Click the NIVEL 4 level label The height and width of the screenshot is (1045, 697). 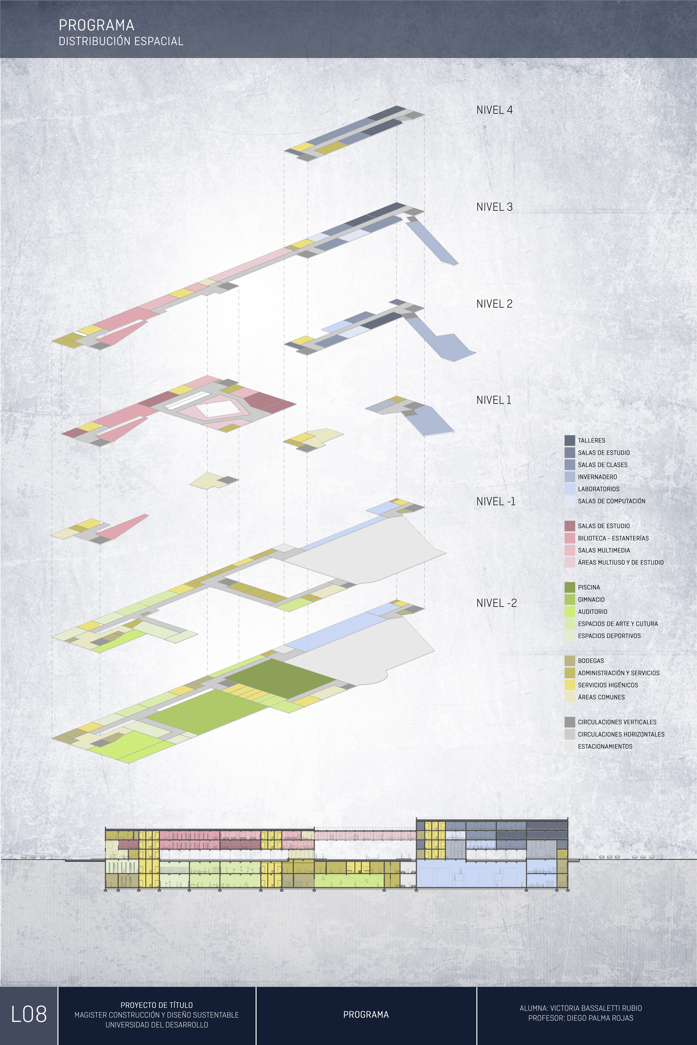[x=494, y=110]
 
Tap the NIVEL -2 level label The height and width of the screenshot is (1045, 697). [x=496, y=603]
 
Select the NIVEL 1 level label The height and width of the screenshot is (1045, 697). [x=493, y=400]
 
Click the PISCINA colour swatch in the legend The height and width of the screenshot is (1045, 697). [x=569, y=587]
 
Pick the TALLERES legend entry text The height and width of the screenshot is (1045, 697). [x=591, y=441]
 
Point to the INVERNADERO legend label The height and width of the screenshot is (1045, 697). [x=597, y=477]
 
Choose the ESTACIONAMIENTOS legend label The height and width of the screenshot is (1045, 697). [x=605, y=747]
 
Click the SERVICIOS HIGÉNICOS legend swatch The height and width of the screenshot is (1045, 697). [x=569, y=685]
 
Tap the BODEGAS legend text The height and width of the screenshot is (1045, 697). [x=591, y=661]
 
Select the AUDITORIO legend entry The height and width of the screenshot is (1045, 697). [x=592, y=612]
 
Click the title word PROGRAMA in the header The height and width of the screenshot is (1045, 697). [x=96, y=25]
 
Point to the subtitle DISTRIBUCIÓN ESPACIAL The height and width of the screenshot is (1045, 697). [x=121, y=41]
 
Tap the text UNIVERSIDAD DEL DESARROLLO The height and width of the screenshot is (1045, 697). [x=156, y=1025]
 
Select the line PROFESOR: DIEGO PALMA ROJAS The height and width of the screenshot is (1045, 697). [x=581, y=1018]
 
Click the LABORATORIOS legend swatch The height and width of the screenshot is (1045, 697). [x=569, y=489]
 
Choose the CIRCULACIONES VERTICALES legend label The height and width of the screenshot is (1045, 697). [x=617, y=722]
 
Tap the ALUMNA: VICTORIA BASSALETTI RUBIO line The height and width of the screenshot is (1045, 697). [x=581, y=1008]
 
